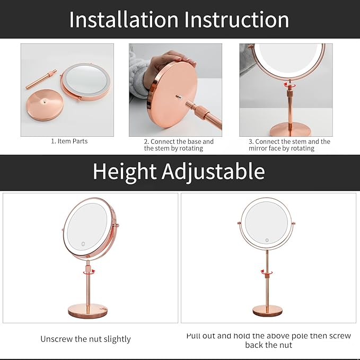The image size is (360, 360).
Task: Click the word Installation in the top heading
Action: (124, 20)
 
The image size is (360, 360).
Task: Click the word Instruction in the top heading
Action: (236, 20)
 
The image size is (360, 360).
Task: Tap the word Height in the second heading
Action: (125, 171)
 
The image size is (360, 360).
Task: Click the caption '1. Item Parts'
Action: (69, 142)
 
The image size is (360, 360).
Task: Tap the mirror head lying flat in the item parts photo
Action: (85, 82)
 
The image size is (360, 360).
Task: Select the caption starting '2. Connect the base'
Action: (179, 145)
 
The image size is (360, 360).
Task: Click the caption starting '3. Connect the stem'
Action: (289, 145)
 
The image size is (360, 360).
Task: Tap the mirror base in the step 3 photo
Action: (290, 129)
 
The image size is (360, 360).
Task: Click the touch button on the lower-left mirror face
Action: (84, 244)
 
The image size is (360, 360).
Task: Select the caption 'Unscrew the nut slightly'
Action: (85, 339)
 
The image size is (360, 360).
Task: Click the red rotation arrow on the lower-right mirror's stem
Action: (267, 272)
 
